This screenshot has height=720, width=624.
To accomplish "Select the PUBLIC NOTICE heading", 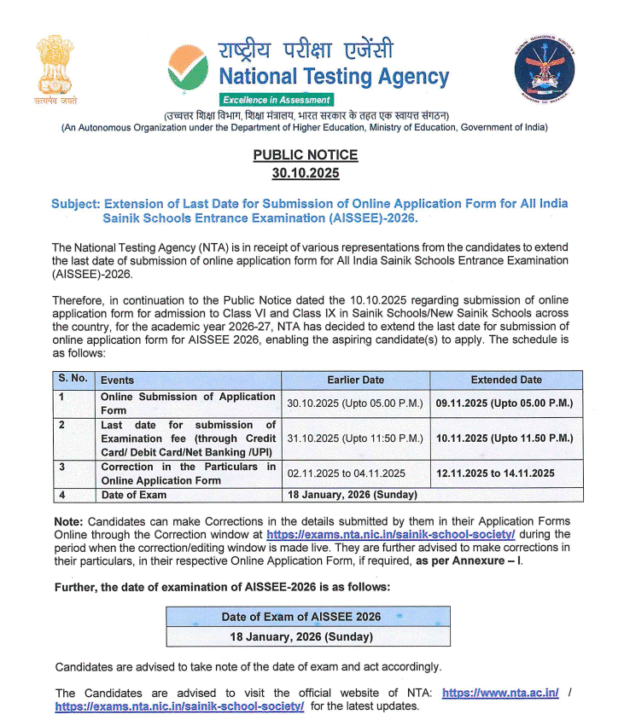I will point(305,156).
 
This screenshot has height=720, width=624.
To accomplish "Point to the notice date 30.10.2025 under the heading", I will point(305,173).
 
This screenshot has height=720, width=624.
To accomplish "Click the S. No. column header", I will point(73,380).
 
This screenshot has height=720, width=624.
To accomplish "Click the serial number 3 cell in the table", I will point(61,467).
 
